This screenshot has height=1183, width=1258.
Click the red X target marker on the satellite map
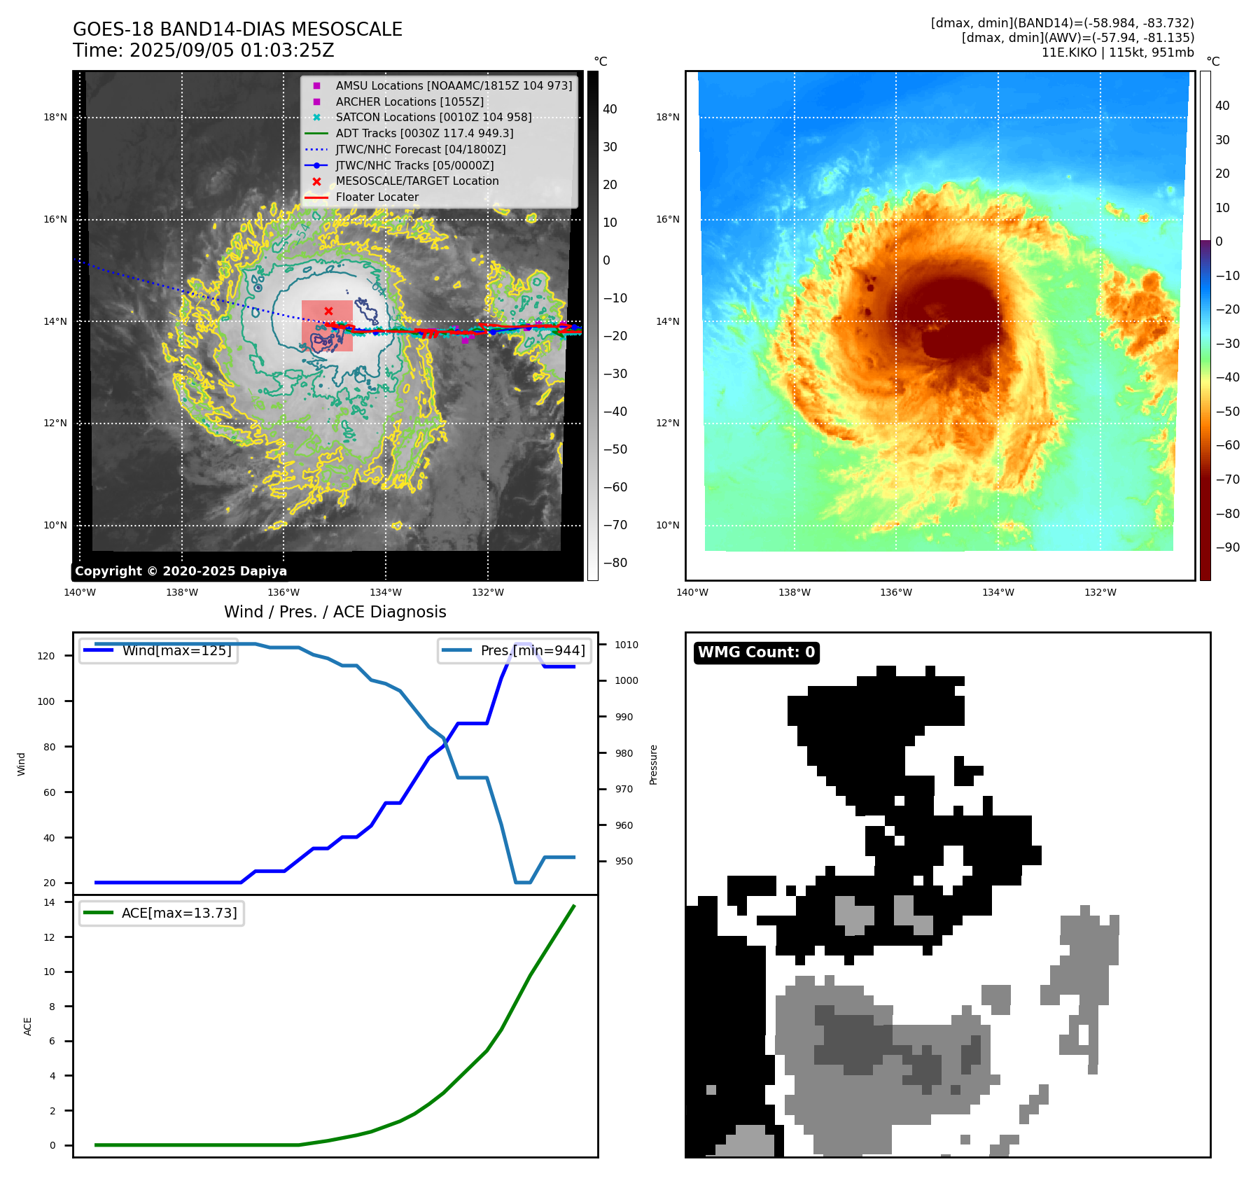click(328, 311)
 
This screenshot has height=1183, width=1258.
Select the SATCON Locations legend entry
click(433, 118)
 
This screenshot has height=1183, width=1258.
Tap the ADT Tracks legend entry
click(424, 133)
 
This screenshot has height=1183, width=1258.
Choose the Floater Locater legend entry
click(377, 197)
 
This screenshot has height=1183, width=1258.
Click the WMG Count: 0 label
click(756, 652)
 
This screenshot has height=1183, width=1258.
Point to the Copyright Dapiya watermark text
click(181, 571)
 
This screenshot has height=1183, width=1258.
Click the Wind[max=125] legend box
click(159, 651)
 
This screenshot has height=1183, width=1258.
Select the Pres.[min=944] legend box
click(515, 651)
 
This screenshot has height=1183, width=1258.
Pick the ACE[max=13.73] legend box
click(162, 913)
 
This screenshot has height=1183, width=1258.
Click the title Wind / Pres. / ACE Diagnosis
click(335, 612)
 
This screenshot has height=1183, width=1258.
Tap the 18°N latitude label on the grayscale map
click(55, 117)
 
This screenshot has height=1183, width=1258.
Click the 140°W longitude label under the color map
click(692, 592)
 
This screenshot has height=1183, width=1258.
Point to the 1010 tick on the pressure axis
click(627, 645)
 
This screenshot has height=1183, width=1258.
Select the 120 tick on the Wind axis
click(46, 656)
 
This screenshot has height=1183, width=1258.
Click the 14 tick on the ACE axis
click(49, 902)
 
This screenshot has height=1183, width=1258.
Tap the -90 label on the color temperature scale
click(1228, 547)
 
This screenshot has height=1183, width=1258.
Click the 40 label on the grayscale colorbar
click(610, 109)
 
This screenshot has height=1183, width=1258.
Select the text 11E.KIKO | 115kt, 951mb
click(1117, 52)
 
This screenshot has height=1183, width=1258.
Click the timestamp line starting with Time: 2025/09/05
click(203, 51)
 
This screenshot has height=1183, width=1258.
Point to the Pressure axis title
click(653, 764)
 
